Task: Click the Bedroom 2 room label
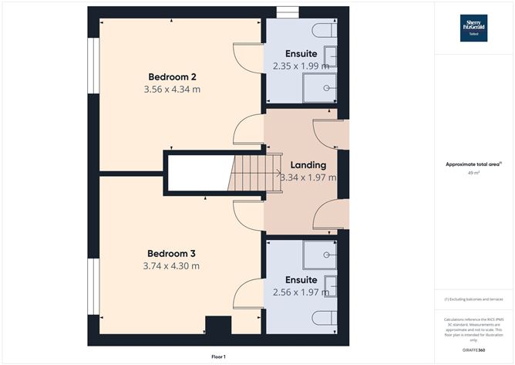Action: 172,76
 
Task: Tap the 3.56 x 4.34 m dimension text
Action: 172,90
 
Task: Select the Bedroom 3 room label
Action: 171,253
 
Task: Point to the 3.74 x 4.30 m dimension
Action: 171,266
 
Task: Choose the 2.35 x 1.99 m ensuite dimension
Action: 305,66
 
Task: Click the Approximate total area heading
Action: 473,164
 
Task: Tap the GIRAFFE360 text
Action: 474,350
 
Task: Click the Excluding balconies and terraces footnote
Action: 473,299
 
